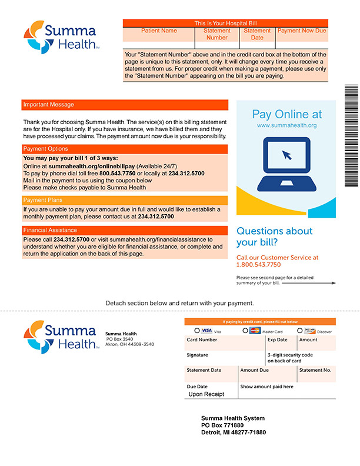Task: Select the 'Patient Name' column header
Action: [x=159, y=31]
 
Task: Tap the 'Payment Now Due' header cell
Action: [x=301, y=31]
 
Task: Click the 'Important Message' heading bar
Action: [x=124, y=105]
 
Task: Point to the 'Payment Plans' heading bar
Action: [x=124, y=200]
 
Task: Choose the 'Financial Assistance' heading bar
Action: [x=124, y=230]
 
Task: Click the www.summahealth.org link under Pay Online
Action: [x=286, y=125]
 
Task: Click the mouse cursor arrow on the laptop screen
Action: [x=286, y=155]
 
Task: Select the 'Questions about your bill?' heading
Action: [x=274, y=237]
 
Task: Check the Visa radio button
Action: [x=197, y=331]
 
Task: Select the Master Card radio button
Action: [x=245, y=331]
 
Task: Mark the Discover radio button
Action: [x=300, y=331]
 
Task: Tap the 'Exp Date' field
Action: [x=281, y=344]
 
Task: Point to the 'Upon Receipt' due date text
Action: [x=206, y=394]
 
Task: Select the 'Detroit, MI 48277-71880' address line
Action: [x=234, y=432]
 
